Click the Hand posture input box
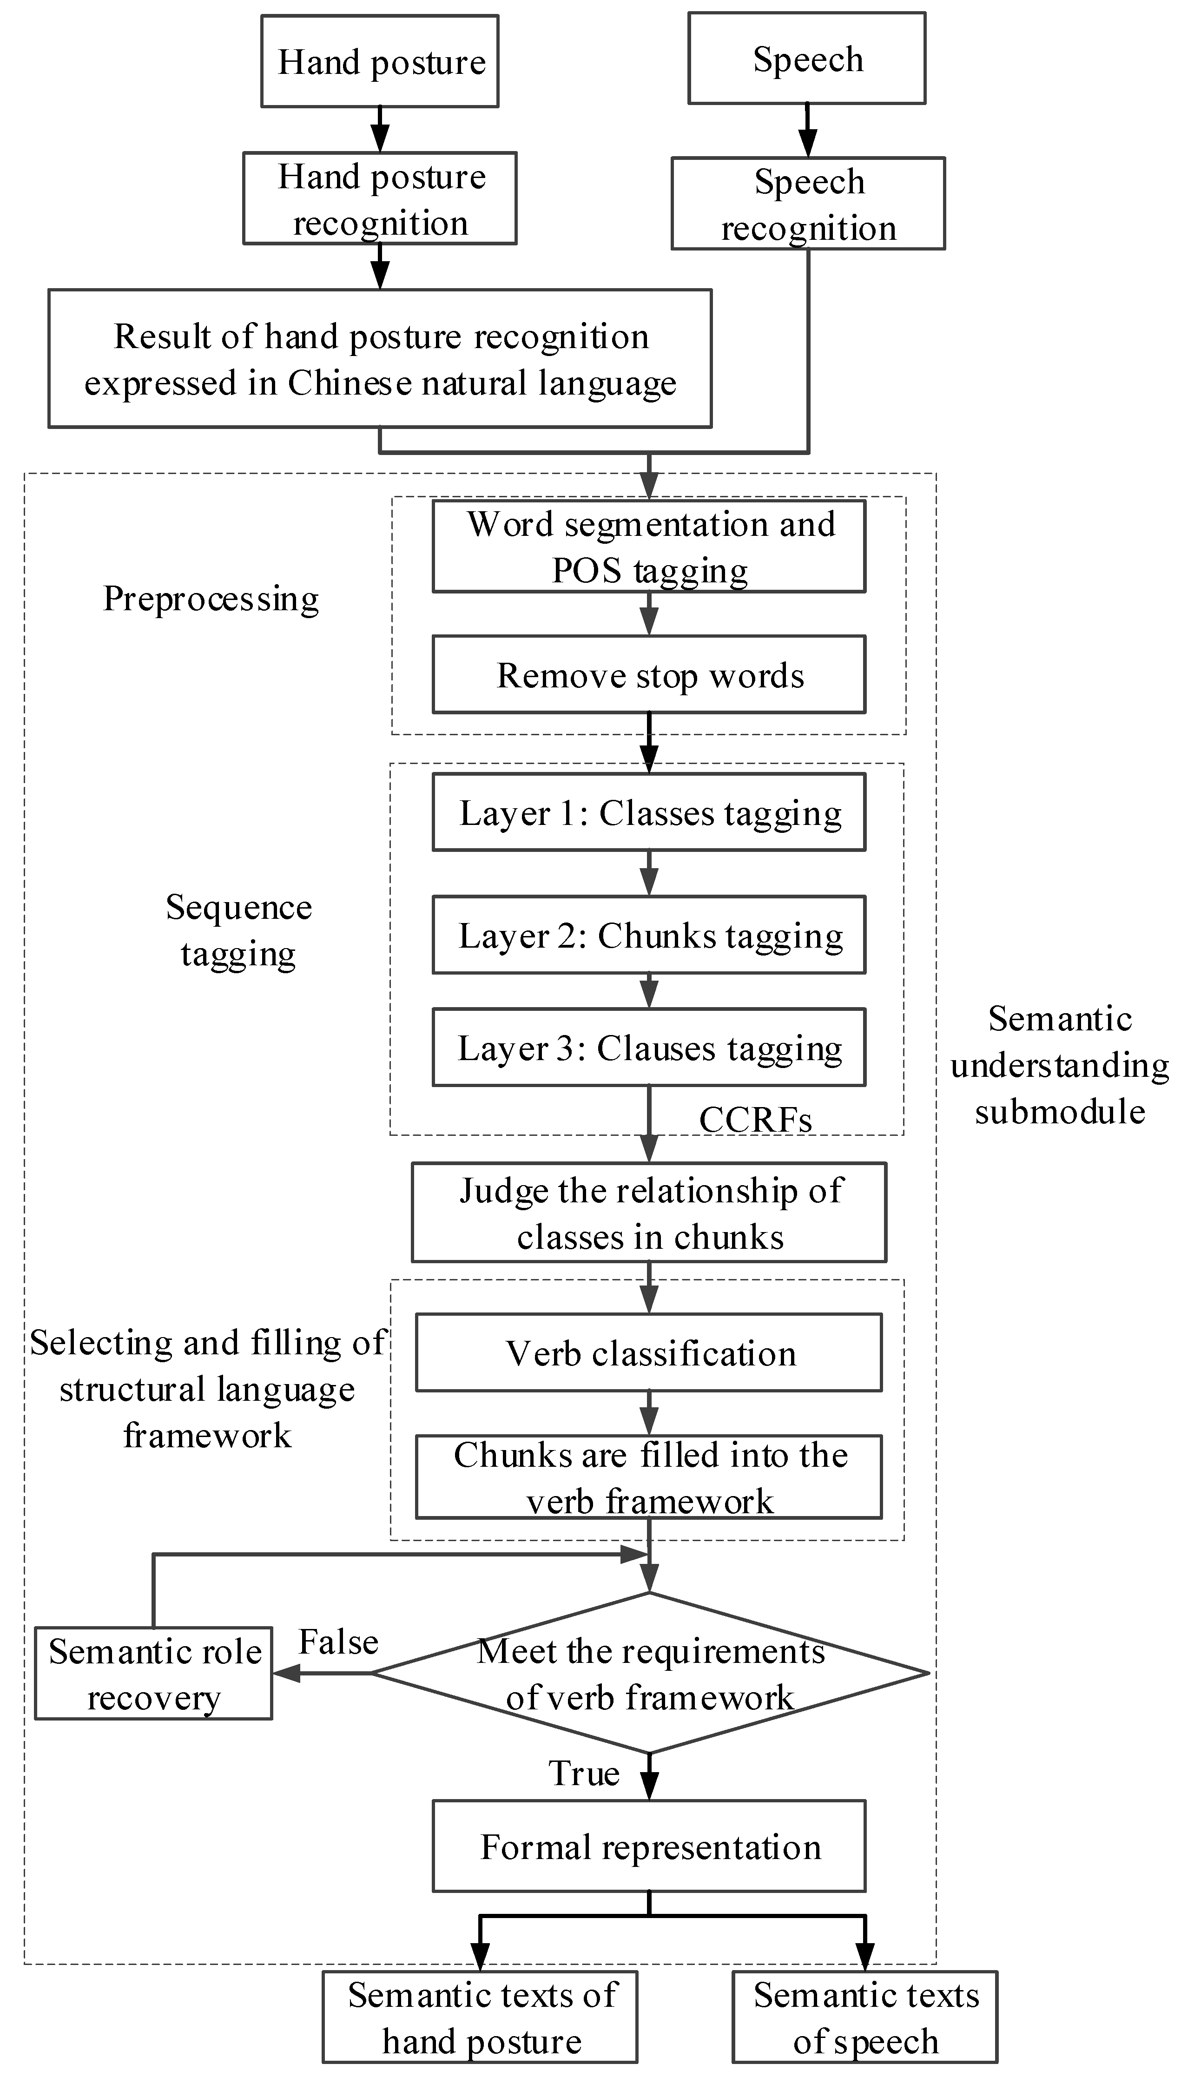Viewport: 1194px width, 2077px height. click(380, 61)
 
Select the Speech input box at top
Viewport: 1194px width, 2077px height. click(807, 58)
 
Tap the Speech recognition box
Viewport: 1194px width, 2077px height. click(808, 204)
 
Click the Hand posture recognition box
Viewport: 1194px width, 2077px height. click(380, 198)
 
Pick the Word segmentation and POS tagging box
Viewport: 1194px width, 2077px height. click(649, 546)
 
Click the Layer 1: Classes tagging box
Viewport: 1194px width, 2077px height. click(649, 812)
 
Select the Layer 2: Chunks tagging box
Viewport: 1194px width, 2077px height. click(649, 935)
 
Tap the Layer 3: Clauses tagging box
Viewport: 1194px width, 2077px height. click(649, 1047)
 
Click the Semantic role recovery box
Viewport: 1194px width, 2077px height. click(153, 1674)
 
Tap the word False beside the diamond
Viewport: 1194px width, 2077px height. click(338, 1642)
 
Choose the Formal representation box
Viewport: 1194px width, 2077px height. click(649, 1847)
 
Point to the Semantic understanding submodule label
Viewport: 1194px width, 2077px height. click(1060, 1064)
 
